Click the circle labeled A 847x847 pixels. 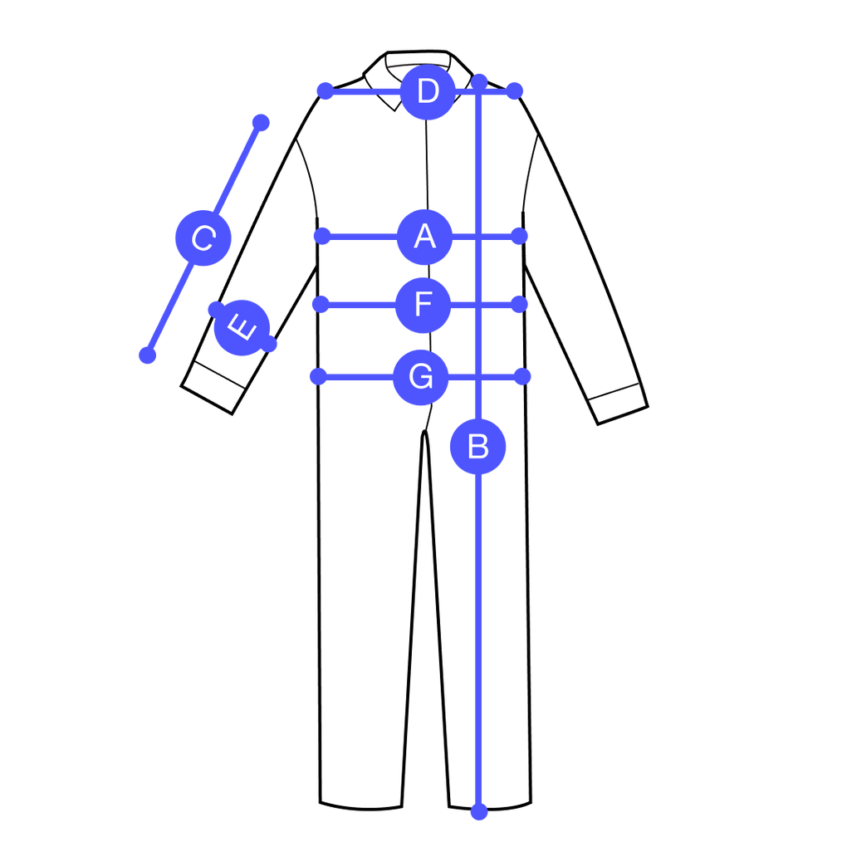point(424,237)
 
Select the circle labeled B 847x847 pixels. point(478,447)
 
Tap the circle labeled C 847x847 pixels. point(203,238)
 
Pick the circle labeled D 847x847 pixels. point(428,91)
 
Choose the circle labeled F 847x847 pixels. point(423,305)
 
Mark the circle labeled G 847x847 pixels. point(421,377)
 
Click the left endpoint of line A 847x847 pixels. point(323,237)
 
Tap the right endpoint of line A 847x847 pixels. point(518,237)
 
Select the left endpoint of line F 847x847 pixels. point(321,305)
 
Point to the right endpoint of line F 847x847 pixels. point(518,305)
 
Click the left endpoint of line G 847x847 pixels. point(319,377)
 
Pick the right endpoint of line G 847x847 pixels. point(521,377)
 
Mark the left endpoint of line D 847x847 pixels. point(326,91)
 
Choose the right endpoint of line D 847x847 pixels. point(515,90)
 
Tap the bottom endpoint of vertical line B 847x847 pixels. point(478,811)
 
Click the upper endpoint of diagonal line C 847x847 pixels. point(261,123)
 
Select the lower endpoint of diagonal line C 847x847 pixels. point(148,355)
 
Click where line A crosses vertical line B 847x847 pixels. point(478,237)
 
